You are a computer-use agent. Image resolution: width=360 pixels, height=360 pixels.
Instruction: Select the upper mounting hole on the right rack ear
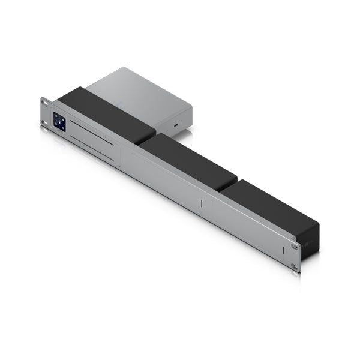point(295,246)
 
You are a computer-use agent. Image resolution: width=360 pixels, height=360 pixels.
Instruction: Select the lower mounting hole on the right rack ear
point(295,266)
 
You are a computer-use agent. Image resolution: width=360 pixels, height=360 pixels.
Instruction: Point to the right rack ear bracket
point(295,256)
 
